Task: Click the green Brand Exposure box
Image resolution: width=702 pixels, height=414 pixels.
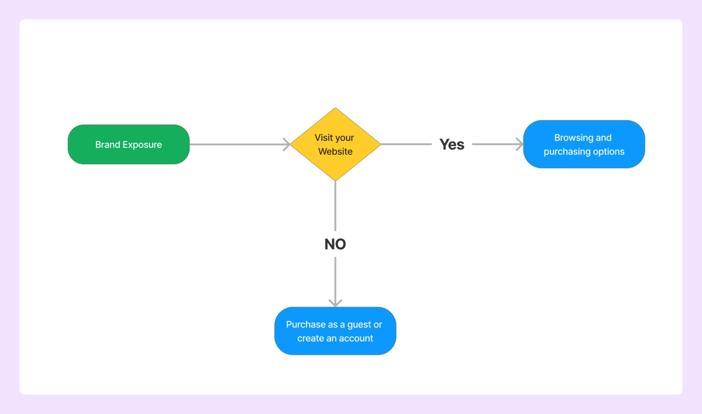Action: [x=129, y=144]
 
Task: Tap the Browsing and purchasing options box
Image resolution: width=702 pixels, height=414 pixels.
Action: [x=584, y=144]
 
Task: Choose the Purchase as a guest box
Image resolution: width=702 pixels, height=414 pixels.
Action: [x=335, y=331]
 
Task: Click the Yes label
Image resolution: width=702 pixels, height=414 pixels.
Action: [x=452, y=144]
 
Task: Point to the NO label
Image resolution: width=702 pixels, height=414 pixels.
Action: [x=335, y=244]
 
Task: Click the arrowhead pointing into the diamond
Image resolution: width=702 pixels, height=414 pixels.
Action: [x=287, y=144]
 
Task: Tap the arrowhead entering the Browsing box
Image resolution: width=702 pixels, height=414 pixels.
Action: [x=519, y=144]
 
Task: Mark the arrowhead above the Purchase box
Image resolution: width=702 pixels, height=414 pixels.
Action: [x=335, y=302]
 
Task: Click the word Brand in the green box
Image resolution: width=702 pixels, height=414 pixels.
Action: [x=107, y=145]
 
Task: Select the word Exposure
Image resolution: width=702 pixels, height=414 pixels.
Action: [x=142, y=145]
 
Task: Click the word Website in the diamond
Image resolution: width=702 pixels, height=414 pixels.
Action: [x=335, y=151]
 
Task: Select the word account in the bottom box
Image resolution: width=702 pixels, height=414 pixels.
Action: [x=355, y=339]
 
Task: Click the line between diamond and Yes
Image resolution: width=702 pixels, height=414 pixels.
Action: [x=407, y=144]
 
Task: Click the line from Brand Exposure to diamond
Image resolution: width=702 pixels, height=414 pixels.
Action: [x=237, y=144]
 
